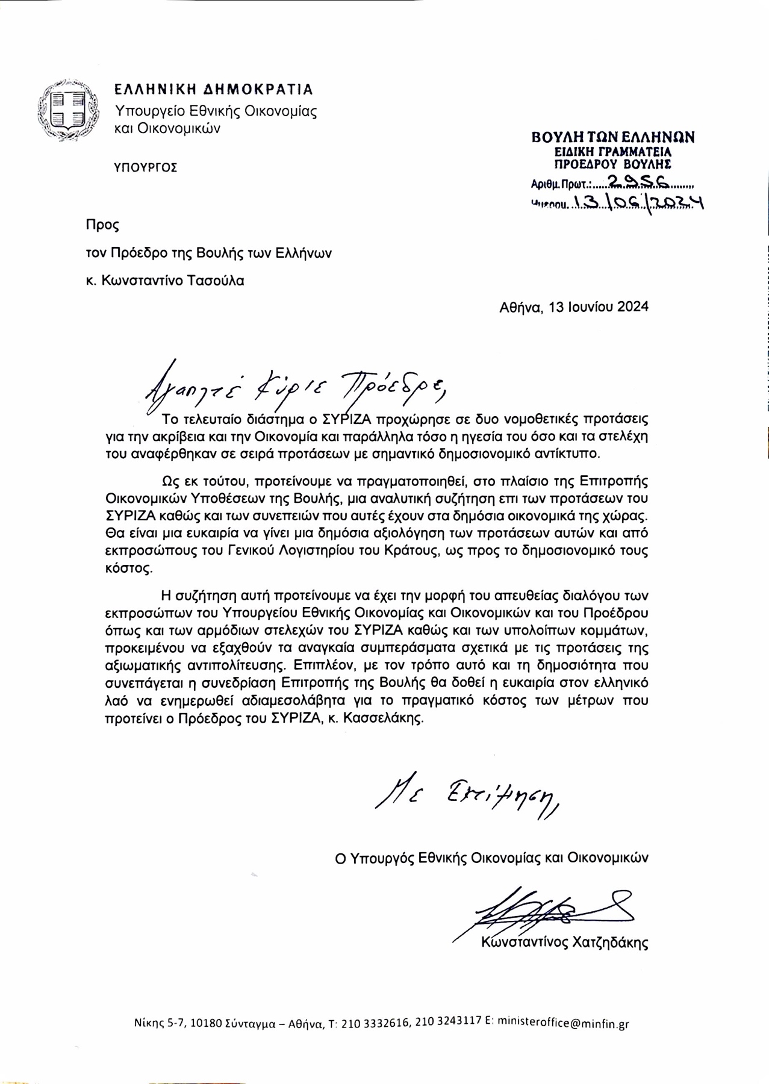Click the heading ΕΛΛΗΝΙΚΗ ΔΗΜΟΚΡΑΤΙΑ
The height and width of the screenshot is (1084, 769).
(214, 90)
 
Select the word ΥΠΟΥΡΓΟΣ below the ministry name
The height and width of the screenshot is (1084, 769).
(146, 167)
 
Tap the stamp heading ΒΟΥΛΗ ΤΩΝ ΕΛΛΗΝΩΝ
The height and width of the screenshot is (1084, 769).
(613, 137)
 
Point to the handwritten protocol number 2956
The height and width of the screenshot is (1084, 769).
(632, 181)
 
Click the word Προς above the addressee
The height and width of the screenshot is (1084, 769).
(102, 225)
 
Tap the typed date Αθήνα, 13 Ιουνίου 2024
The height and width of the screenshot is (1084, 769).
(574, 307)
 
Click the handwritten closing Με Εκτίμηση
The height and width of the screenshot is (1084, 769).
(467, 797)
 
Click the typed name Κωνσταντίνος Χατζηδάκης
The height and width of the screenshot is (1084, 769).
(565, 943)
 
